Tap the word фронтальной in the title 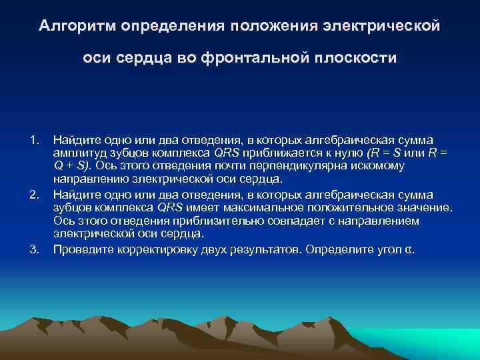(248, 58)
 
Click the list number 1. (34, 139)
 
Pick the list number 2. (34, 195)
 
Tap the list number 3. (34, 251)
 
